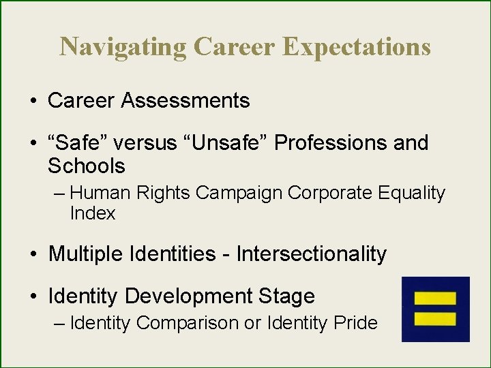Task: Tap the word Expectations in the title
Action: click(x=355, y=46)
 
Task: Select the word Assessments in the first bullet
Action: click(x=185, y=101)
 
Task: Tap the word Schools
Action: click(x=87, y=166)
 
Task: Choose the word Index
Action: click(x=93, y=213)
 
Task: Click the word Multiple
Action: click(x=85, y=254)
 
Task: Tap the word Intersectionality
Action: click(x=312, y=254)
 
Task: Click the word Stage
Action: click(x=287, y=296)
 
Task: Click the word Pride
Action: click(x=355, y=322)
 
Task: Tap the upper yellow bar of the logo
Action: click(x=435, y=298)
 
